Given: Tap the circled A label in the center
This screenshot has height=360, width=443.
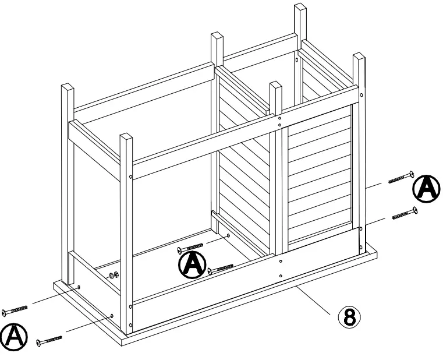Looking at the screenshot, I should tap(192, 265).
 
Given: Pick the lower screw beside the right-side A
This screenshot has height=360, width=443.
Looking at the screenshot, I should tap(405, 213).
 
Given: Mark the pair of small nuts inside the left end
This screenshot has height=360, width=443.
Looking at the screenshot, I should tap(113, 274).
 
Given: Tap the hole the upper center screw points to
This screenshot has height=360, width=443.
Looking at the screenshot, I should tap(228, 236).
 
